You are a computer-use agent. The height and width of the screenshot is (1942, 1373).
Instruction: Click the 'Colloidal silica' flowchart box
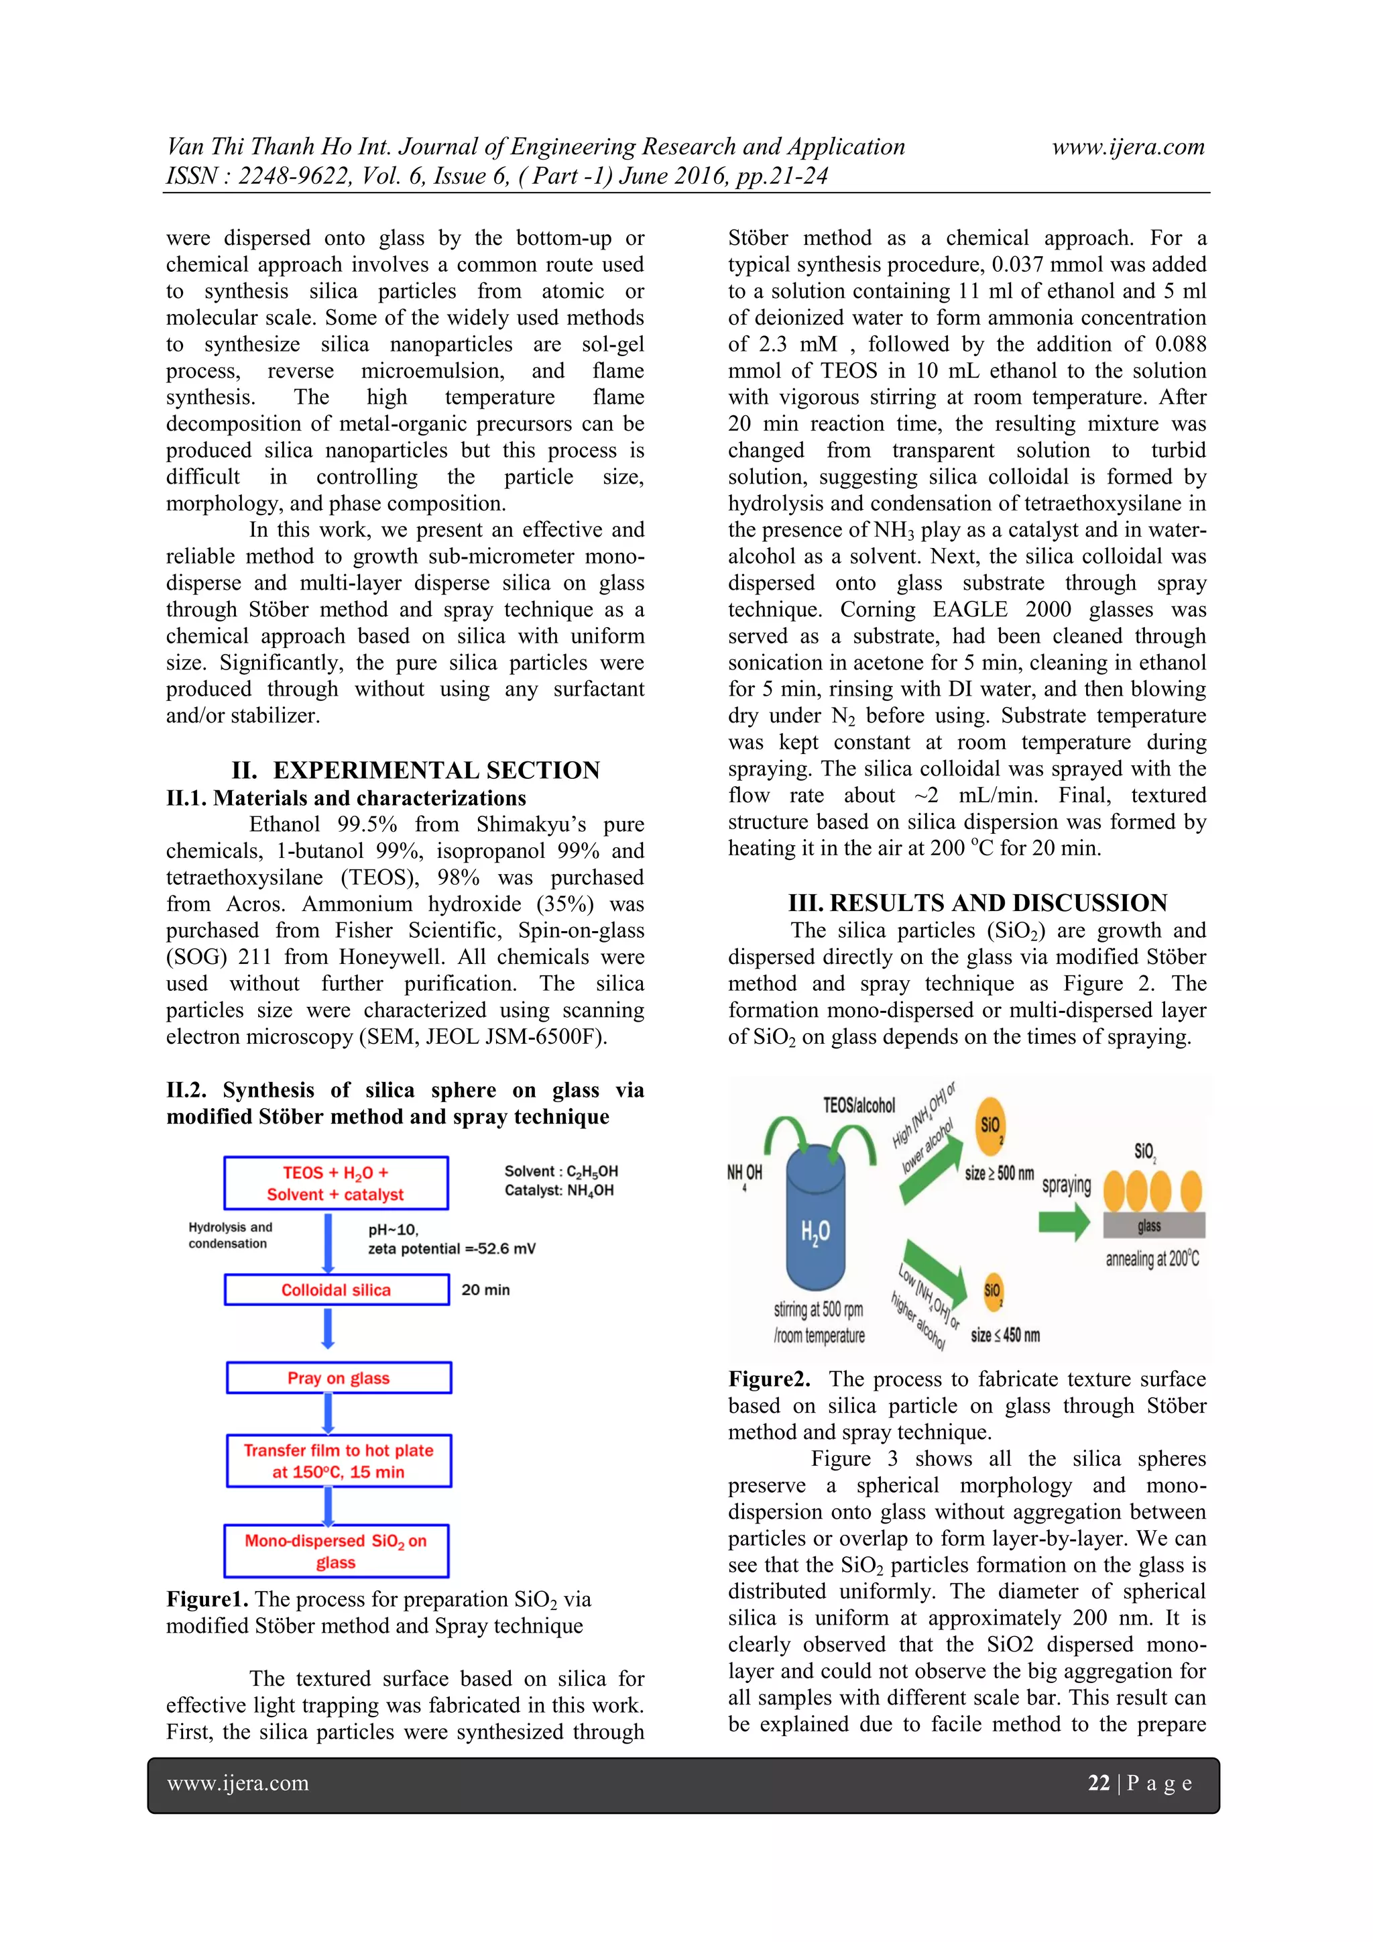click(337, 1290)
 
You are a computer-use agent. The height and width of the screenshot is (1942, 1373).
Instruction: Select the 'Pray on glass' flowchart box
click(338, 1378)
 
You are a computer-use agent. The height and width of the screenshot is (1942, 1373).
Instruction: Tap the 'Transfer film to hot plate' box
click(338, 1461)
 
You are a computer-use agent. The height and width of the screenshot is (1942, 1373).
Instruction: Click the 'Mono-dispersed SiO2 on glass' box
click(337, 1551)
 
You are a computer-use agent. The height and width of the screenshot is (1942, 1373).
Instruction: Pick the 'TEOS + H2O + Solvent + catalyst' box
click(336, 1183)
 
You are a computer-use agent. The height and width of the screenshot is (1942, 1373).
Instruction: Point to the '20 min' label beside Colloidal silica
click(485, 1290)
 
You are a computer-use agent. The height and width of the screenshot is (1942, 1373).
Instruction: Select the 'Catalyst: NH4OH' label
click(559, 1191)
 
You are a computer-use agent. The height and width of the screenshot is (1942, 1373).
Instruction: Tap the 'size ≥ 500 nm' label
click(1000, 1173)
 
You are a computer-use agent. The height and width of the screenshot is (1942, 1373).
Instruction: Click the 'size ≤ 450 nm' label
click(1005, 1336)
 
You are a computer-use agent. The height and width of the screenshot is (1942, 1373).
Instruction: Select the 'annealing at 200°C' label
click(1152, 1259)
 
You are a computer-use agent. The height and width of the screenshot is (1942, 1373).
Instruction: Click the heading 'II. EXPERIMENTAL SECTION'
click(415, 771)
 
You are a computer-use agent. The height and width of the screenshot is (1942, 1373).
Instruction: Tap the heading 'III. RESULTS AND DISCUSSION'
click(977, 904)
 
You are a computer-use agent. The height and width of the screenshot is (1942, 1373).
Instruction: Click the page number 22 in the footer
click(1098, 1783)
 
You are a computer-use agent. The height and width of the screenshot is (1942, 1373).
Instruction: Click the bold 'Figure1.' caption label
click(207, 1599)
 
